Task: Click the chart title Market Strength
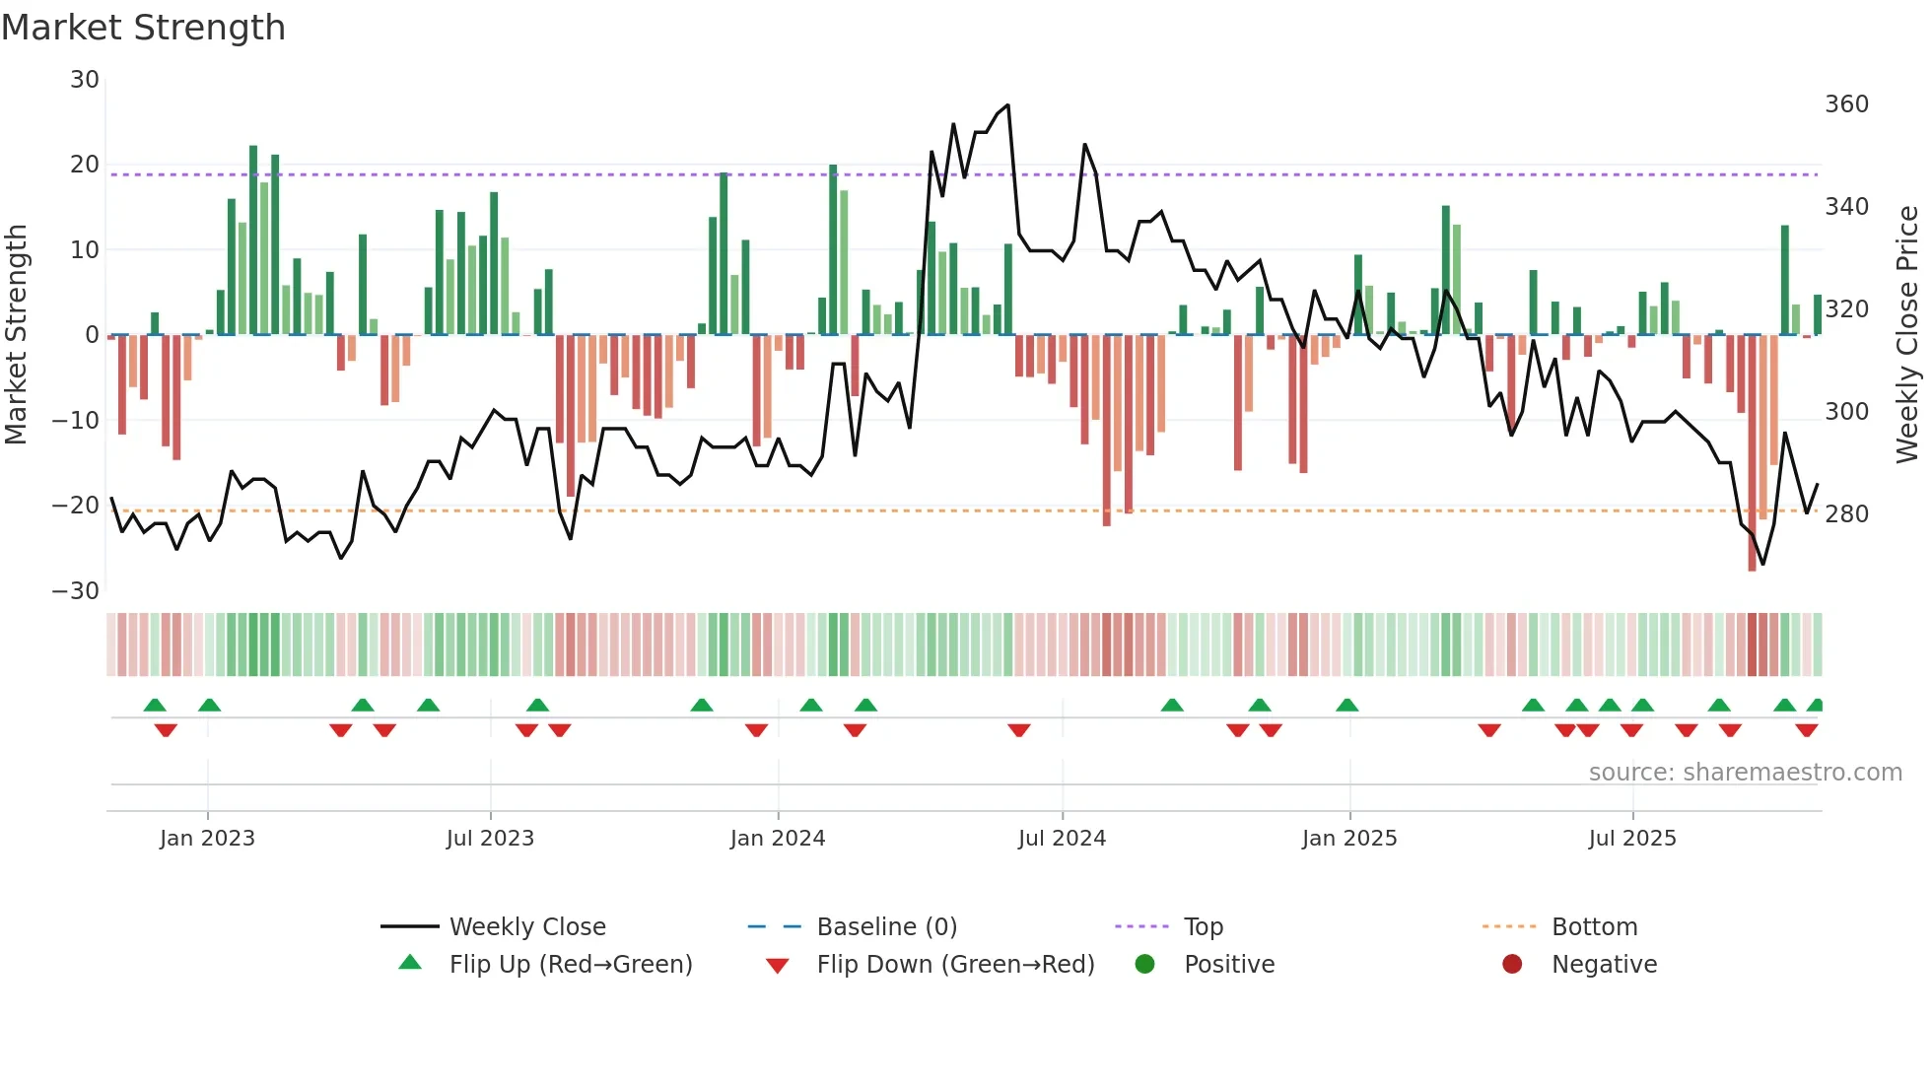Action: (144, 28)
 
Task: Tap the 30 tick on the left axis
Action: (85, 80)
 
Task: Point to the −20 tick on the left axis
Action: (76, 506)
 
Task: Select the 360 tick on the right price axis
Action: (1846, 104)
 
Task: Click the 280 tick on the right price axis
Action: (1846, 514)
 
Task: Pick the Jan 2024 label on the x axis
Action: (778, 839)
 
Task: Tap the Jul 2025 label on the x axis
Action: (1632, 839)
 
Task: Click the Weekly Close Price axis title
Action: (1908, 335)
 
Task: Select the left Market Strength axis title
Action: (17, 335)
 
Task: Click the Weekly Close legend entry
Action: (527, 927)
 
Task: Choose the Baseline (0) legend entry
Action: (887, 927)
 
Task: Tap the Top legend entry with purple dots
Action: (1204, 927)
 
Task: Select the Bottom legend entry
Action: (1594, 927)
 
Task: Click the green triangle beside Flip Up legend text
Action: (410, 963)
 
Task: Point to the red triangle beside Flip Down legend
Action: (777, 966)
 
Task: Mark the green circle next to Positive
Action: (1144, 964)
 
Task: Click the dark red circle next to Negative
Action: (1512, 964)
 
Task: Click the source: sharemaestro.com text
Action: (1745, 773)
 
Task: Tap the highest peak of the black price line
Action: (1007, 105)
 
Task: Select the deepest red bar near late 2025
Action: (1752, 453)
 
